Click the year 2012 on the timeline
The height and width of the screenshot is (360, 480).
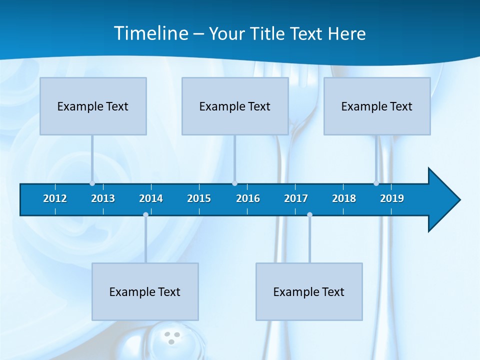click(55, 198)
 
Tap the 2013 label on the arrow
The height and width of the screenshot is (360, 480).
click(103, 198)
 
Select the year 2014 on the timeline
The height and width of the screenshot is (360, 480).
click(151, 198)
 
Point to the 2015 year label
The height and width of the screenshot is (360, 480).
click(199, 198)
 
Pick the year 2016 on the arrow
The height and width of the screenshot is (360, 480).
click(248, 198)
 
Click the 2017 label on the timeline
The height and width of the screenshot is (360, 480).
click(296, 198)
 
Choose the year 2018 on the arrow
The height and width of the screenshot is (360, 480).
click(344, 198)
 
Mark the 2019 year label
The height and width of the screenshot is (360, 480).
click(392, 198)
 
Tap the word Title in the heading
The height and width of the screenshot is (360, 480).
click(268, 34)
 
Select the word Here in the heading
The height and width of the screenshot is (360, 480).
click(347, 34)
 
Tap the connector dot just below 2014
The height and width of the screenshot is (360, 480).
click(145, 214)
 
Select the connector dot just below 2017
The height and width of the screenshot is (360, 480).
click(309, 214)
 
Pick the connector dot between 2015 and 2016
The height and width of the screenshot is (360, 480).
click(234, 183)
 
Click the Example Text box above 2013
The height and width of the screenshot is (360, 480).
click(93, 106)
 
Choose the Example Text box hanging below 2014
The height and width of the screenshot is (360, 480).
click(145, 291)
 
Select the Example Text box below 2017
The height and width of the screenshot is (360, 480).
click(309, 291)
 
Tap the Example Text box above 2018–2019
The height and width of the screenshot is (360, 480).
click(377, 106)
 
